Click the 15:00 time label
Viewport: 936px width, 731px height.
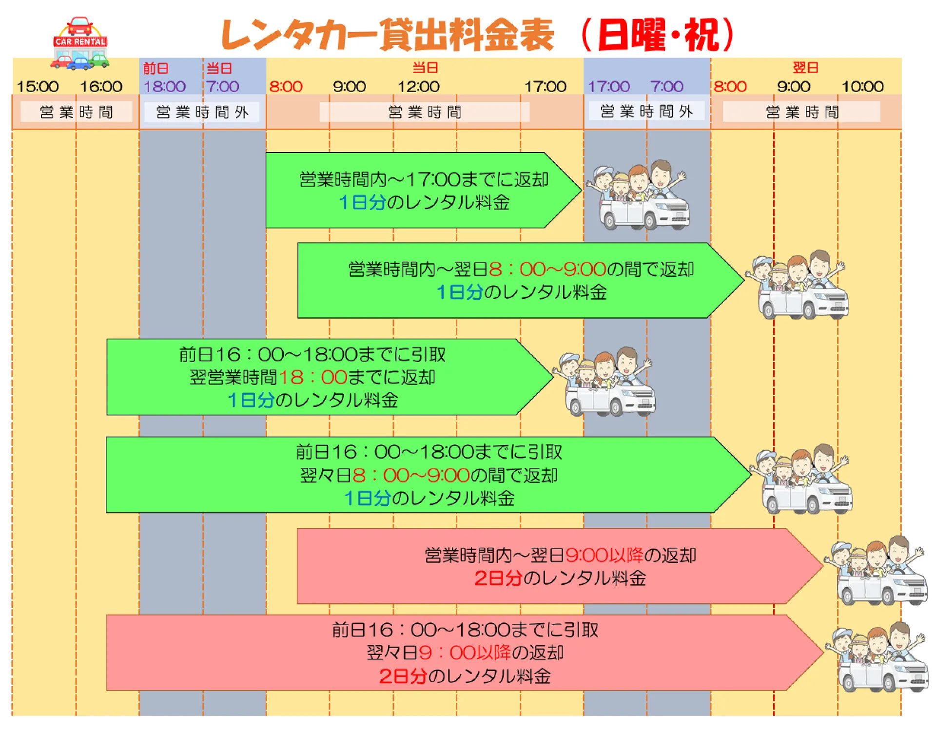(x=38, y=87)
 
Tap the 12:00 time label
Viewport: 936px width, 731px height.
(x=418, y=87)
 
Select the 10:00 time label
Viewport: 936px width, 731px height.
(x=862, y=87)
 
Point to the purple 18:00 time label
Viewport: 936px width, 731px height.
(x=164, y=87)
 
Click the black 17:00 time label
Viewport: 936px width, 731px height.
(x=545, y=87)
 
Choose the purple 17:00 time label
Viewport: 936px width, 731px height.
(x=609, y=87)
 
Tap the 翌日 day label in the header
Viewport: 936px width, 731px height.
(x=805, y=68)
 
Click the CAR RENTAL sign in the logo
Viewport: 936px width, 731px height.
(x=80, y=42)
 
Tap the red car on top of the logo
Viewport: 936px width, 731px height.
(x=80, y=26)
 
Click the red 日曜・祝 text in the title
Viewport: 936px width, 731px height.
(x=658, y=35)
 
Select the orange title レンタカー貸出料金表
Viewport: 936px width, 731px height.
(x=388, y=35)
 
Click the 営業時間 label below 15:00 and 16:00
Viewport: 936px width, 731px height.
(x=76, y=112)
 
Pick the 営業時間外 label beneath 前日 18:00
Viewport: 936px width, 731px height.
(x=202, y=112)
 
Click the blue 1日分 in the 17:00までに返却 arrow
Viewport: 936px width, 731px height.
(x=362, y=202)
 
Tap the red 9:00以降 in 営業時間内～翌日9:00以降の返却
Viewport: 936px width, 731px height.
(x=604, y=555)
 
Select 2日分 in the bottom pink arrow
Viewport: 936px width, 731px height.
(x=402, y=676)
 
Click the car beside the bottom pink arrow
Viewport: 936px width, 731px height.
(x=880, y=658)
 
